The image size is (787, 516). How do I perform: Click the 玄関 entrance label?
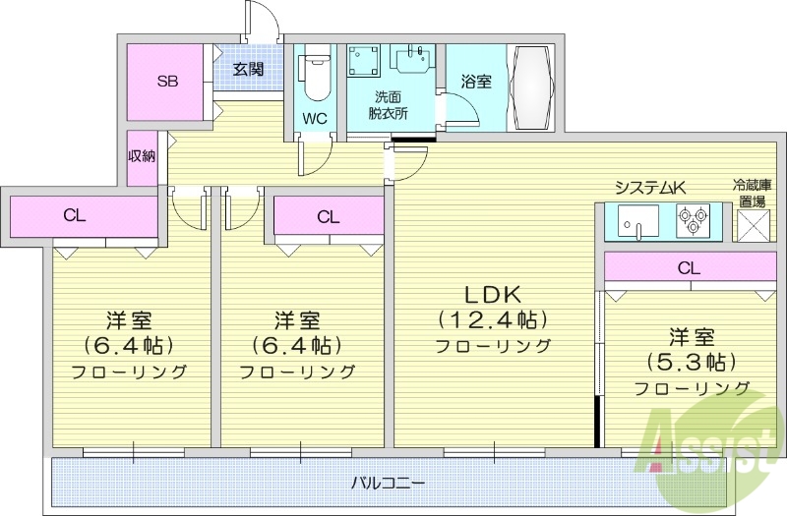pos(248,69)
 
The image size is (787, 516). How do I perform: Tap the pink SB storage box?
pos(168,81)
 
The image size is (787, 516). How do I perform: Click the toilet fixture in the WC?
pos(316,76)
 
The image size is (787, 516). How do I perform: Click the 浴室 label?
pos(476,82)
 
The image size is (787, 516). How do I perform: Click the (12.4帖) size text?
pos(492,319)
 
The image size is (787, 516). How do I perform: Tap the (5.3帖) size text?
pos(692,361)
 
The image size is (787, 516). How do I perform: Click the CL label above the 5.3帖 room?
pos(689,266)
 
